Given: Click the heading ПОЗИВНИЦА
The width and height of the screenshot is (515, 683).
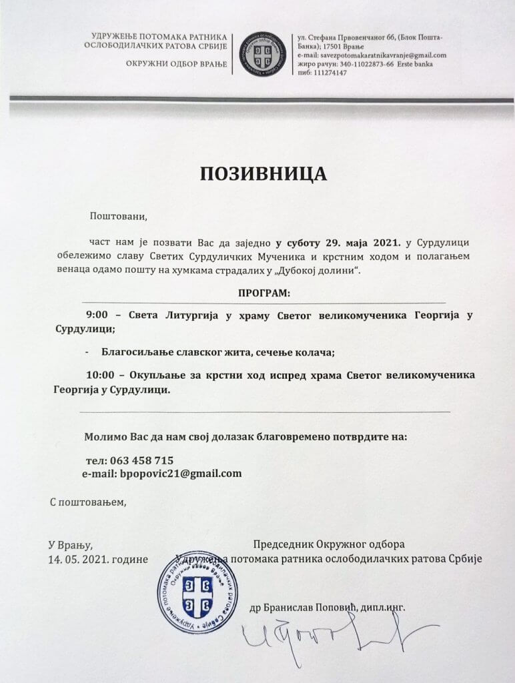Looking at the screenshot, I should [264, 173].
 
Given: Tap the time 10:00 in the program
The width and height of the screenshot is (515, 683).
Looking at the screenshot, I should [101, 376].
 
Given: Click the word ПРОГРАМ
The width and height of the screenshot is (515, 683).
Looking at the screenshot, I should [264, 293].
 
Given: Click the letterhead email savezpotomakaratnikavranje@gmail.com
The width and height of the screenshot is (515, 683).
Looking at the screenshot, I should [380, 55].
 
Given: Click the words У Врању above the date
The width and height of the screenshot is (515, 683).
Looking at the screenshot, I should [69, 544].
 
